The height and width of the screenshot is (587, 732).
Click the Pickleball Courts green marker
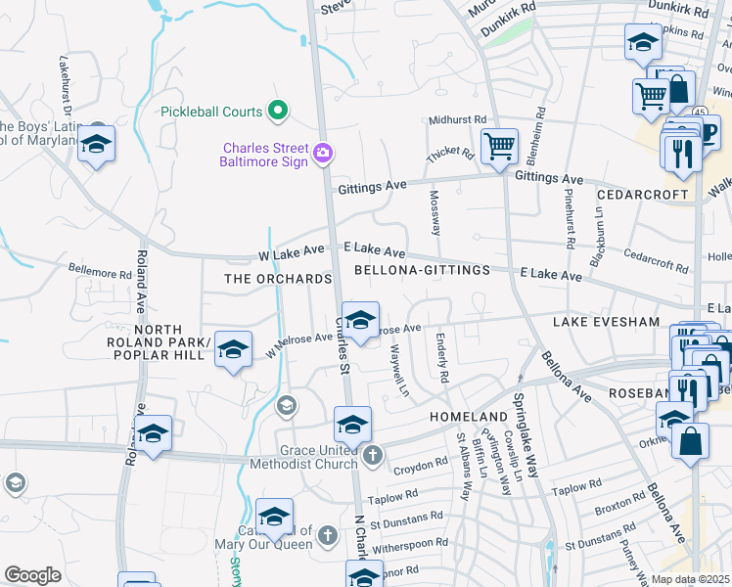click(x=278, y=112)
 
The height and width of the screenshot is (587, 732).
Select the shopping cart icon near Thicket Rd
click(x=500, y=148)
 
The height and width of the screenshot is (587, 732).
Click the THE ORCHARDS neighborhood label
click(x=279, y=279)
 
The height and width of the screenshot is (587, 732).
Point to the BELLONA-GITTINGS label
click(x=411, y=269)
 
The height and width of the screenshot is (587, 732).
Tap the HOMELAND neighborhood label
click(x=469, y=417)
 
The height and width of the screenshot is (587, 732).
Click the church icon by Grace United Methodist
click(x=372, y=455)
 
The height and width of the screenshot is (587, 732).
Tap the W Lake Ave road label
click(x=292, y=253)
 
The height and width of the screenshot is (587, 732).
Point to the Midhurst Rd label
click(x=457, y=119)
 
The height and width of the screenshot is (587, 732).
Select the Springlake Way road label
click(x=526, y=434)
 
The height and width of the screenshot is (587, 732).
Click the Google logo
click(x=32, y=575)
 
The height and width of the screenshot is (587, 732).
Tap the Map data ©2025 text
click(x=690, y=579)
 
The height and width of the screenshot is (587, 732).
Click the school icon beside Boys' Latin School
click(x=95, y=145)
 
